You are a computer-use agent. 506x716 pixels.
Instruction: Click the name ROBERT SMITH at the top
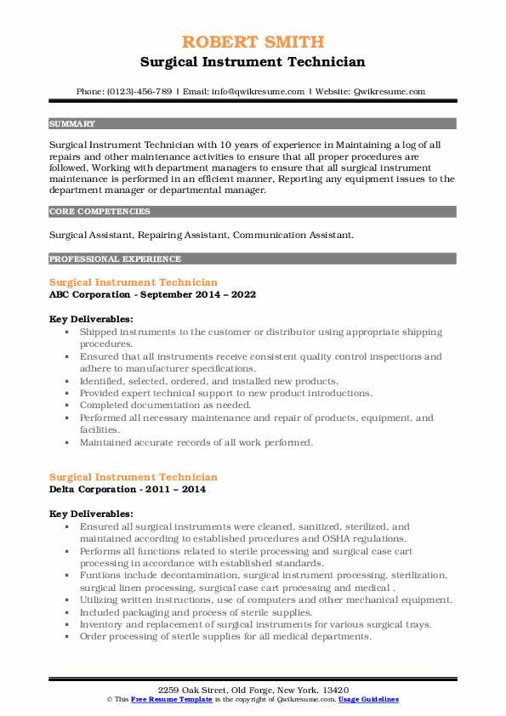click(x=253, y=43)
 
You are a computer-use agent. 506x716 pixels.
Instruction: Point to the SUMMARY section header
click(x=72, y=123)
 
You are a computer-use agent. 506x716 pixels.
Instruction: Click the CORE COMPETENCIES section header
click(x=99, y=211)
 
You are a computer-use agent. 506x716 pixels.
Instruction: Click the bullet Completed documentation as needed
click(x=165, y=406)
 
